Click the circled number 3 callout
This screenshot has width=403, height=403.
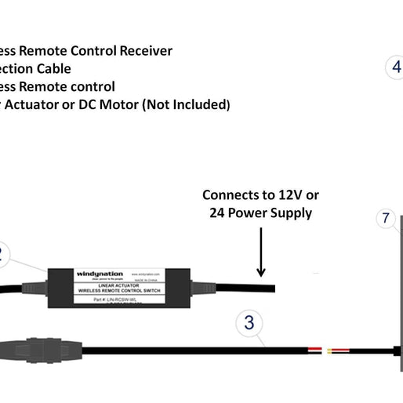[x=249, y=322]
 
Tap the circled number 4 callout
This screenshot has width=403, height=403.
[x=397, y=68]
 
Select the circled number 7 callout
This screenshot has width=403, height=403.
[x=385, y=219]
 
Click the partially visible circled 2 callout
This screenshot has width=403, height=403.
[x=3, y=254]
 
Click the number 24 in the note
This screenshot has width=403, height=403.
[x=218, y=213]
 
